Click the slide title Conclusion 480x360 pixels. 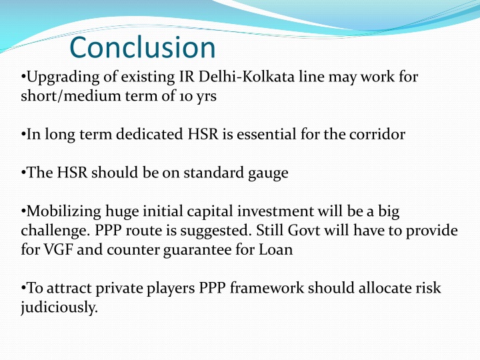pyautogui.click(x=143, y=48)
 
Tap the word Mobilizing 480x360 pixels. pyautogui.click(x=61, y=212)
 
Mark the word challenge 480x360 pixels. pyautogui.click(x=49, y=231)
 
